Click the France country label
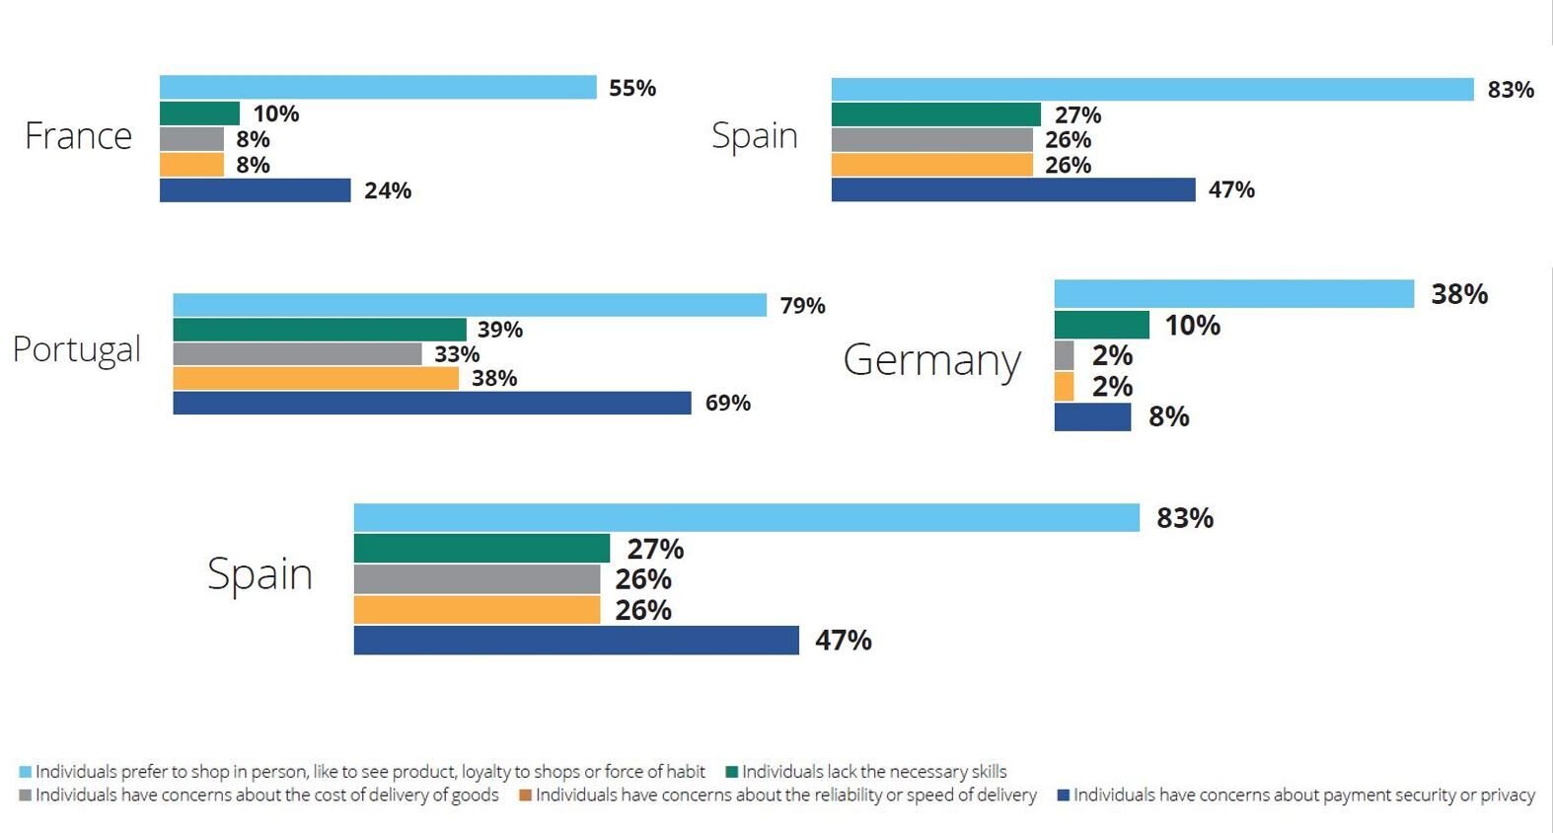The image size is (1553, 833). coord(78,136)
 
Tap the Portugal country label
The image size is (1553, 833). coord(77,350)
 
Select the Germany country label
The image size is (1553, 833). coord(931,360)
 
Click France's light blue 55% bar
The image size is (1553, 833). coord(378,87)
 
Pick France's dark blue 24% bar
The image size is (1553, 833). coord(255,190)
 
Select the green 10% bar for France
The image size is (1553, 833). coord(199,114)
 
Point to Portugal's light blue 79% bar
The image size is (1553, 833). coord(470,305)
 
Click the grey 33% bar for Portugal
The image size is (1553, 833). coord(297,353)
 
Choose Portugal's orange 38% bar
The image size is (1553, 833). coord(316,378)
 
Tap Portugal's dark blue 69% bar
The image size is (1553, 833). coord(432,403)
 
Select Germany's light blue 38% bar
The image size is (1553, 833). coord(1233,294)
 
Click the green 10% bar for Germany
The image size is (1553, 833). coord(1101,325)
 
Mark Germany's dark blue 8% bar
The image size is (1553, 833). coord(1092,416)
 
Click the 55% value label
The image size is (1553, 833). coord(632,88)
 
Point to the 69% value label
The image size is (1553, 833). coord(728,403)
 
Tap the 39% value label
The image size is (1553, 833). coord(500,330)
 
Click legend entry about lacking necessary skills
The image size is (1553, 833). coord(873,772)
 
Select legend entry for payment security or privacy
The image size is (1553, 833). coord(1302,795)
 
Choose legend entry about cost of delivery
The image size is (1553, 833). coord(266,795)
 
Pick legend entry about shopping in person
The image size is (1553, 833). coord(370,772)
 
